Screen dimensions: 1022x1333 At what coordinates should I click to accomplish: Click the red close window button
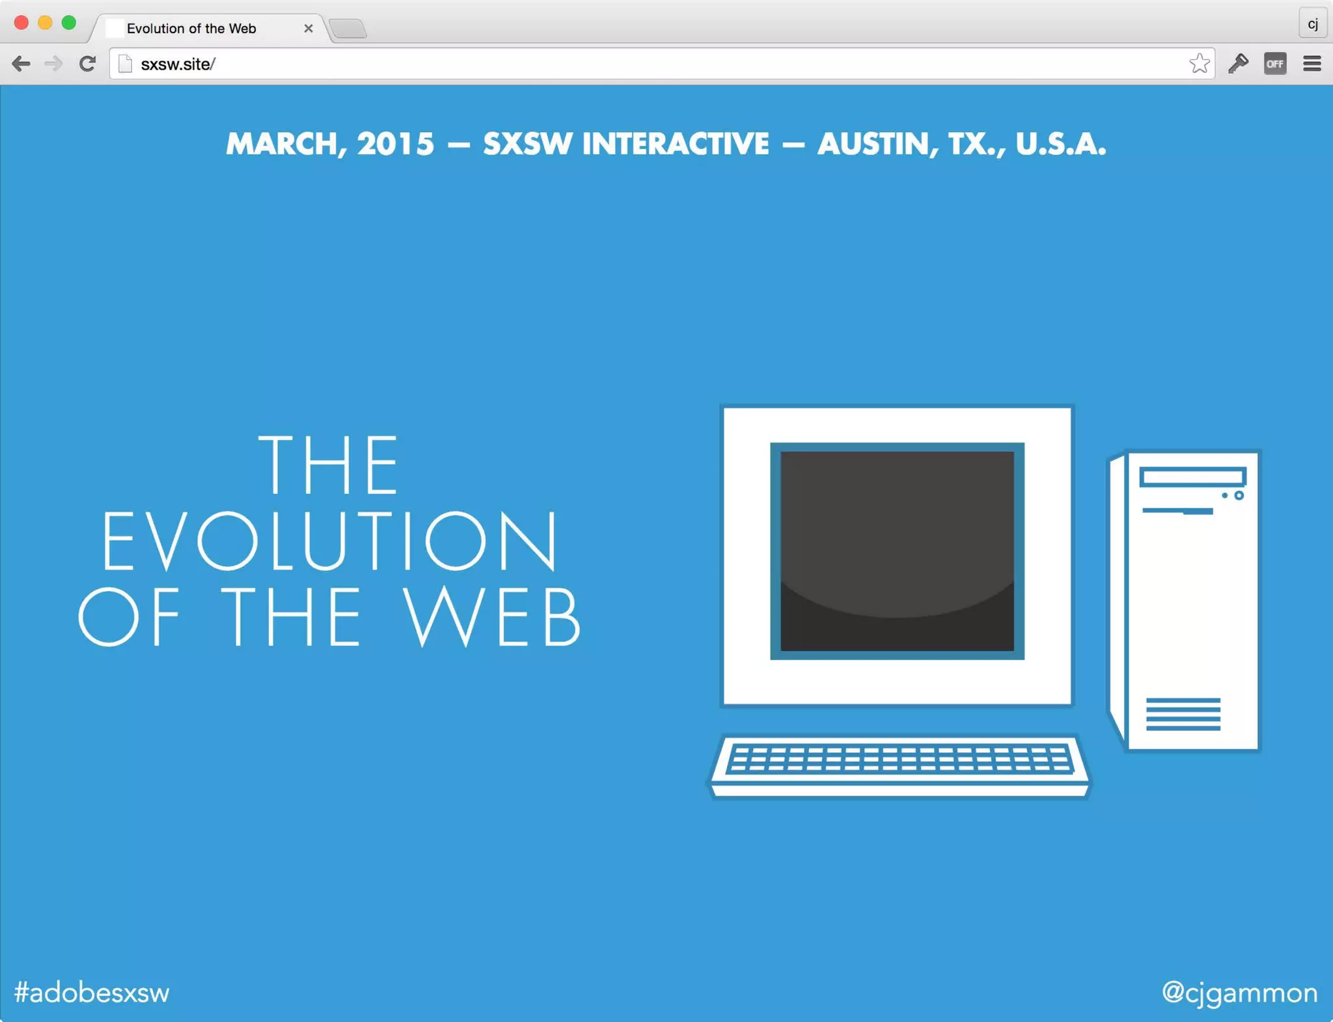point(21,23)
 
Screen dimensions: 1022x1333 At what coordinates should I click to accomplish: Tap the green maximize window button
point(68,23)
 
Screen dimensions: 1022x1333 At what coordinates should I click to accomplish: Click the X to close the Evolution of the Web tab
point(309,29)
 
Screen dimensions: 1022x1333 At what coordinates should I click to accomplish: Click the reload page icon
point(87,64)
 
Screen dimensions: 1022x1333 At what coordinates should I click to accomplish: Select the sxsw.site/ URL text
point(178,64)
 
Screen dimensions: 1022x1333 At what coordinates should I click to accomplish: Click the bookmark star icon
point(1199,64)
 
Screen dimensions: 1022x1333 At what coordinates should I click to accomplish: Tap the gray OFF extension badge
point(1274,64)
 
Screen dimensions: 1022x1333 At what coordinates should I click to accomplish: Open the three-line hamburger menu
point(1312,64)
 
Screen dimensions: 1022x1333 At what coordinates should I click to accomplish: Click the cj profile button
point(1312,25)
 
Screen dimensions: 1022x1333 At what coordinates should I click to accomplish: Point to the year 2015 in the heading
point(395,145)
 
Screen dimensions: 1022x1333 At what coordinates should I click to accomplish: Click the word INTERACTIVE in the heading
point(675,145)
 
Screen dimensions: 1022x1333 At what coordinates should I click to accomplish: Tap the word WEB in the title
point(492,616)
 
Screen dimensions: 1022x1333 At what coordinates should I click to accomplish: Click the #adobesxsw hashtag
point(92,993)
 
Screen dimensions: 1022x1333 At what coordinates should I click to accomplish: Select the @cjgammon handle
point(1239,993)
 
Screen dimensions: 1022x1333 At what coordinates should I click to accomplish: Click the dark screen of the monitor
point(897,551)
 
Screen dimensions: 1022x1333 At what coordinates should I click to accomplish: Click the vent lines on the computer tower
point(1183,714)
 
